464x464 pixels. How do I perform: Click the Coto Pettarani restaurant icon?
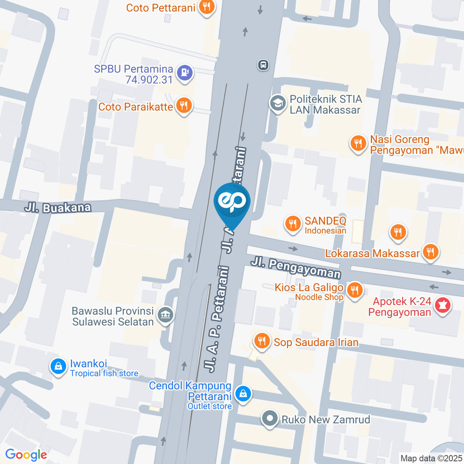click(207, 7)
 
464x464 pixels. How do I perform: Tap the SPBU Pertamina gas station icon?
click(185, 72)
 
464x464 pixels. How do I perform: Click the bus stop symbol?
click(263, 65)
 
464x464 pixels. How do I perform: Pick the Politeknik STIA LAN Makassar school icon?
click(278, 103)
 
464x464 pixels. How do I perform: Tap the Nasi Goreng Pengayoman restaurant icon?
click(358, 143)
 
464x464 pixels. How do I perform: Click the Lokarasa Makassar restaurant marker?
click(430, 251)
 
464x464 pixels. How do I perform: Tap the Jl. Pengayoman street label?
click(295, 268)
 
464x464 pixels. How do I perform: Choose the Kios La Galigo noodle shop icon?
click(355, 290)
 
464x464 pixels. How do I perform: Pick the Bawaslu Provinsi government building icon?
click(166, 314)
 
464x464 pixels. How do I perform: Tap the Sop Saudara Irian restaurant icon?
click(262, 341)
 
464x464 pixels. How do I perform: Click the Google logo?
click(26, 454)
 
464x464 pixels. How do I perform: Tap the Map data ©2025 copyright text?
click(431, 458)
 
